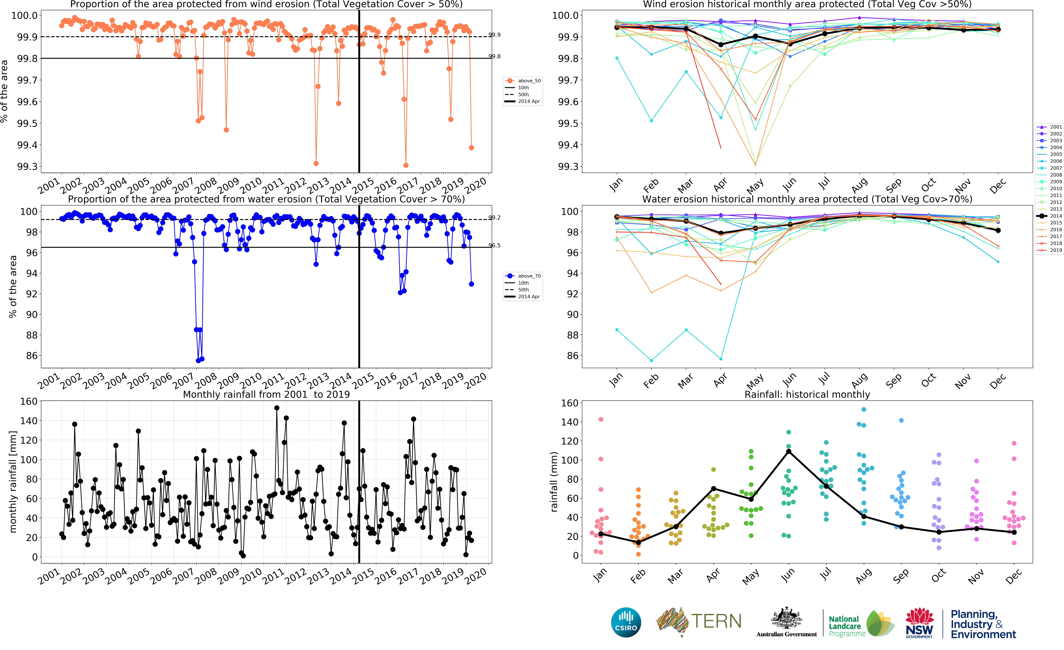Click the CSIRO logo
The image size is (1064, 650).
626,622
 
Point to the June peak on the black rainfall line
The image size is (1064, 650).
788,451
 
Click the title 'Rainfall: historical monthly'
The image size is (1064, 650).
807,394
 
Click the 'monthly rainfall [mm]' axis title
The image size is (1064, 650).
13,482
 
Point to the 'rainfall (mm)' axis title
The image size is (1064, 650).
554,482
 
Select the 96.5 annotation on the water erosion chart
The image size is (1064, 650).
494,245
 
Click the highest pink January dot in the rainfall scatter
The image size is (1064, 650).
601,419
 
